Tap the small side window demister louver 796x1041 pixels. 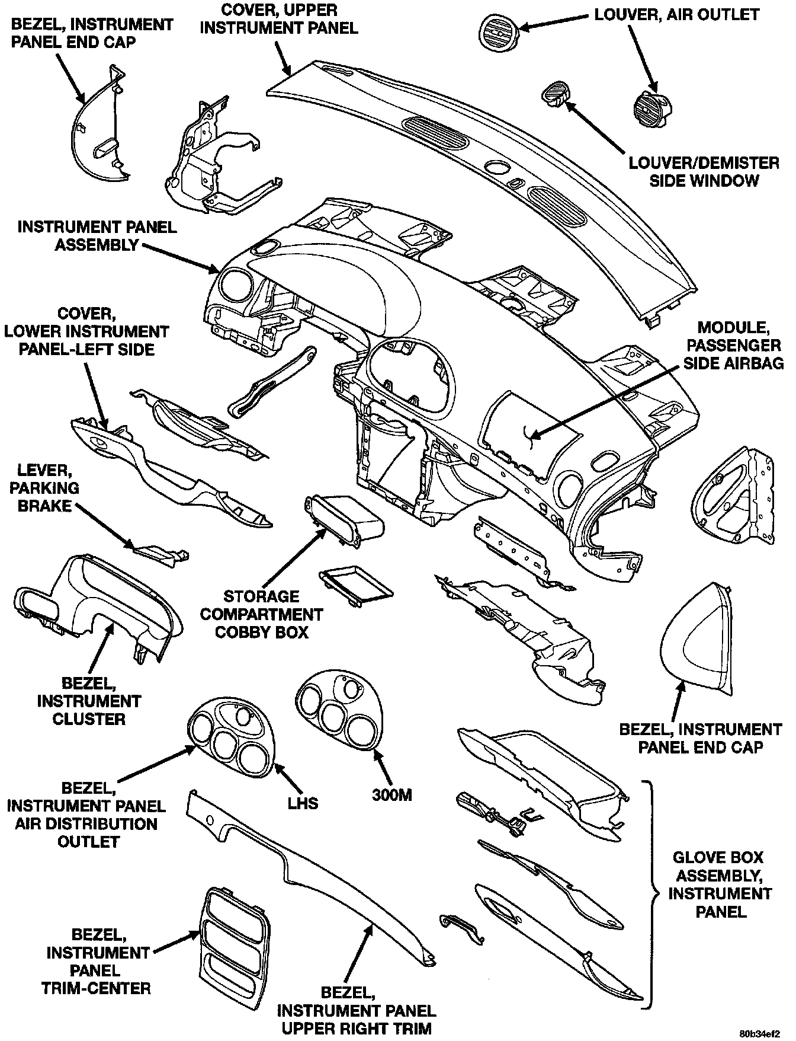[x=556, y=95]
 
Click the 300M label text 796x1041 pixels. [x=391, y=794]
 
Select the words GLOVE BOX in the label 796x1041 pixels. [x=719, y=857]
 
